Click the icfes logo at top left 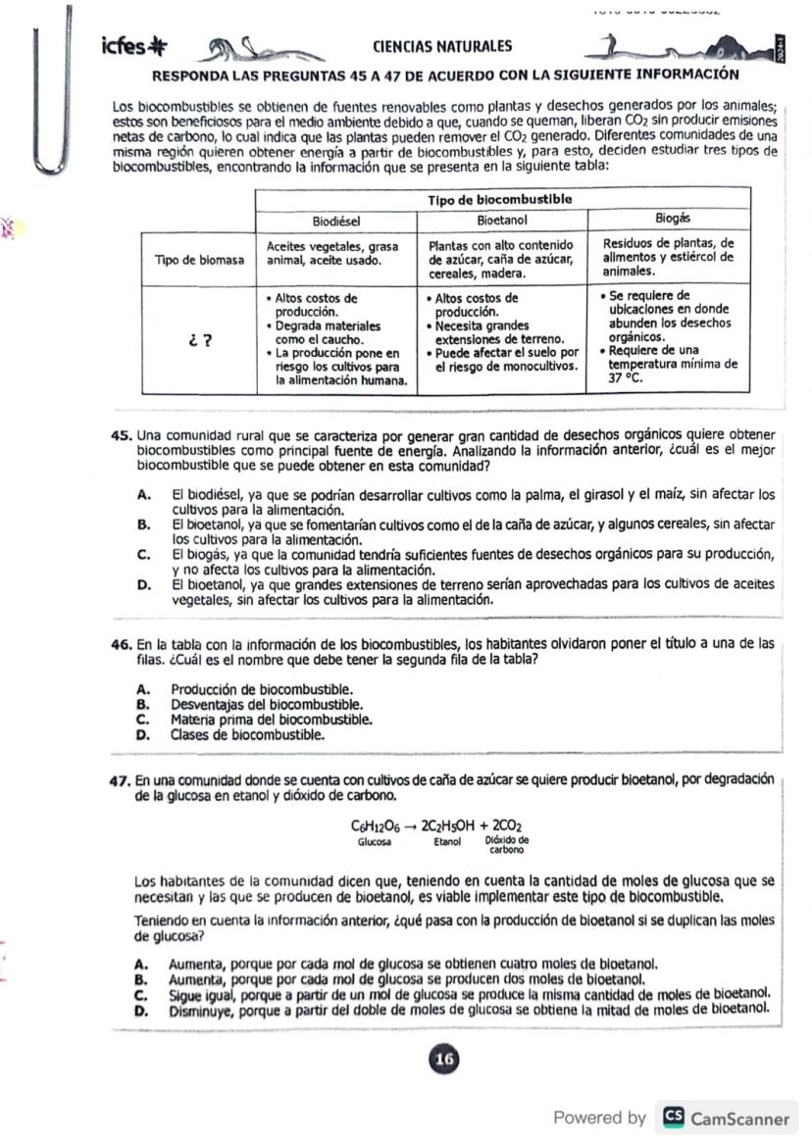click(x=134, y=47)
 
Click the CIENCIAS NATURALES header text click(x=441, y=46)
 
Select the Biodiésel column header click(x=337, y=220)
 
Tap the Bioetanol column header click(x=502, y=220)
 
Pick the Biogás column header click(x=673, y=219)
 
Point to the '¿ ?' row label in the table click(x=201, y=341)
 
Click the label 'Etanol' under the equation click(x=446, y=841)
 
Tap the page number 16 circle click(x=444, y=1060)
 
